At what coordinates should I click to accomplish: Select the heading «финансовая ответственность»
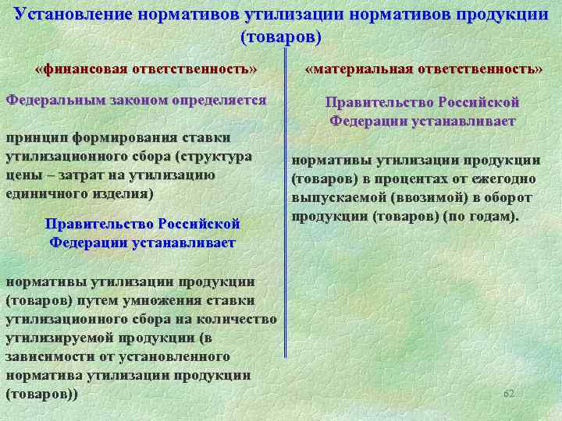click(146, 69)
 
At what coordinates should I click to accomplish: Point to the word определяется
click(220, 101)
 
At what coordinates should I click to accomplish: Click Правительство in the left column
click(99, 224)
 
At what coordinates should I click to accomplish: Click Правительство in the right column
click(379, 102)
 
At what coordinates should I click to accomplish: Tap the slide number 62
click(509, 394)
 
